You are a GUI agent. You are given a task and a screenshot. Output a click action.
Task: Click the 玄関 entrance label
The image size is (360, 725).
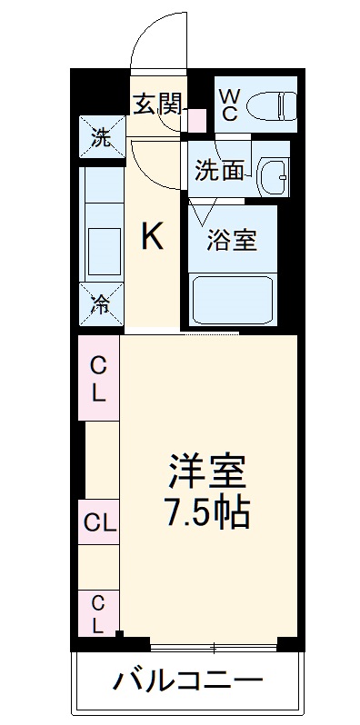click(x=160, y=104)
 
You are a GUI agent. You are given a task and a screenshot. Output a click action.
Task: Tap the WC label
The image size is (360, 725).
click(x=230, y=103)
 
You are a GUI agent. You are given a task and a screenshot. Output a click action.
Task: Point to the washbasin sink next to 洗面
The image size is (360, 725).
click(x=272, y=172)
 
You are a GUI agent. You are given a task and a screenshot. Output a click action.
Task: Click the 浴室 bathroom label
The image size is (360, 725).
click(x=232, y=241)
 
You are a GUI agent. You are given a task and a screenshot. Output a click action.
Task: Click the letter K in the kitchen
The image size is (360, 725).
click(x=152, y=237)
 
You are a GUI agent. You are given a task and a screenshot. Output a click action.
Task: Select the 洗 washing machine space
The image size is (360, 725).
click(x=100, y=139)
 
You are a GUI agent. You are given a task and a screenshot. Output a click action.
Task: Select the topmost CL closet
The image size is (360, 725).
click(x=98, y=379)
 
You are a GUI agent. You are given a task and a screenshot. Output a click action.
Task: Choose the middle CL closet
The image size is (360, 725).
click(x=98, y=522)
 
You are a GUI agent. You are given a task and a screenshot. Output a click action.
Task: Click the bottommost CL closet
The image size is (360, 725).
click(x=98, y=612)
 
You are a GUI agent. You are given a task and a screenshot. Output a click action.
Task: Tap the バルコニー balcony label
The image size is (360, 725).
click(x=187, y=679)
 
